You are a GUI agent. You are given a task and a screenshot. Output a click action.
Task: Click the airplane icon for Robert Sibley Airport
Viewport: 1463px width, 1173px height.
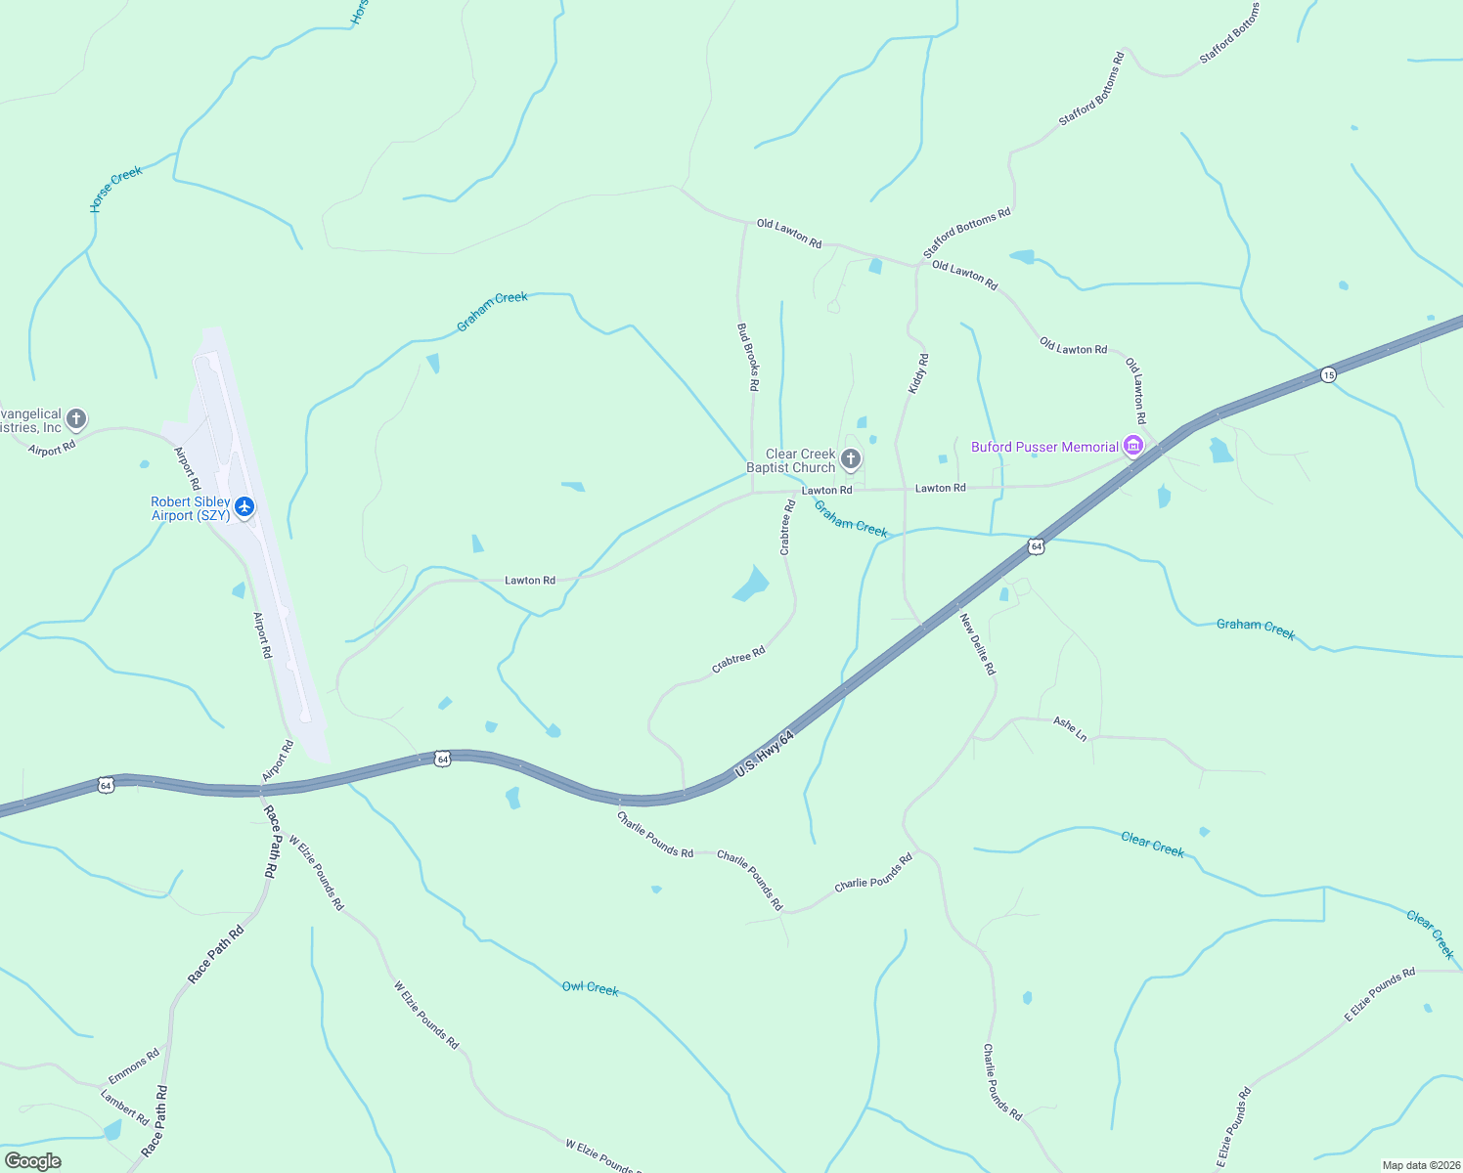click(x=244, y=506)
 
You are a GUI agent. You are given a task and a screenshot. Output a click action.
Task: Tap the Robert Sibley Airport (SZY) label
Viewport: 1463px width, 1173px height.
click(x=191, y=508)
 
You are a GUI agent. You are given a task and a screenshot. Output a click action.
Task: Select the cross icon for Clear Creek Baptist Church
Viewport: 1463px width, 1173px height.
click(x=851, y=458)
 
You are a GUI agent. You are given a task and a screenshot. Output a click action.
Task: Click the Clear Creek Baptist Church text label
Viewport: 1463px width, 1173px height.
click(x=792, y=460)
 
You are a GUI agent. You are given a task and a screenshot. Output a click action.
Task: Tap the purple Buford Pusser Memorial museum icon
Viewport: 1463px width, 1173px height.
click(x=1133, y=446)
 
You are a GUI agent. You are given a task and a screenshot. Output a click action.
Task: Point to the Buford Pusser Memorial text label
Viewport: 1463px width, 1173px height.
click(x=1044, y=447)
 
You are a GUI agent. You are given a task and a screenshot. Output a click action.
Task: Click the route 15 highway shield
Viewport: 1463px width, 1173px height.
click(x=1327, y=374)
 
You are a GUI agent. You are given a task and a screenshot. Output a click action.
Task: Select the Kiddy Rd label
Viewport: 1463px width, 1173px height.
click(x=918, y=374)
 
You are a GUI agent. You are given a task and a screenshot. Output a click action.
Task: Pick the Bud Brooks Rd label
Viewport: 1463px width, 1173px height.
click(x=748, y=357)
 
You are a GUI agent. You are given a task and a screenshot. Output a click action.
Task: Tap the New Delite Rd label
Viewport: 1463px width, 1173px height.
click(x=977, y=643)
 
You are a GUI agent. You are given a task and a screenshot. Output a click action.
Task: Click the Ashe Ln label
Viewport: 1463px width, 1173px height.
click(x=1070, y=728)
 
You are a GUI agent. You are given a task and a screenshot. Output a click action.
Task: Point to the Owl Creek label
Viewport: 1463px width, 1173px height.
click(x=590, y=988)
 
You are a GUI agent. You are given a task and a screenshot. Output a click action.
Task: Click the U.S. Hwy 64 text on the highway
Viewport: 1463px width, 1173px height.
click(x=764, y=755)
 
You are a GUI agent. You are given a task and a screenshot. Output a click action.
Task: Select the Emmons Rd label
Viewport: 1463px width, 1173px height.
click(x=134, y=1066)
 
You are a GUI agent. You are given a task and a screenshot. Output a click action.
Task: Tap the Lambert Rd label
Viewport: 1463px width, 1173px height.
click(x=124, y=1107)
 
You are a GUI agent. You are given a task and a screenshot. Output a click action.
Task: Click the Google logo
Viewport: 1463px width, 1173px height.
click(x=32, y=1160)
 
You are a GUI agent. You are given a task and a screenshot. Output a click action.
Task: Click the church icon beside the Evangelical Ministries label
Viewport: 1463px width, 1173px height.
click(x=76, y=419)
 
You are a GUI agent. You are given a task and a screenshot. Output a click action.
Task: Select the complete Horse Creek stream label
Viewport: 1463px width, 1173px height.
click(x=116, y=188)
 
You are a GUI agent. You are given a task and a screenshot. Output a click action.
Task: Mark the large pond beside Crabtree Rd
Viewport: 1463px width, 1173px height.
click(x=751, y=585)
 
